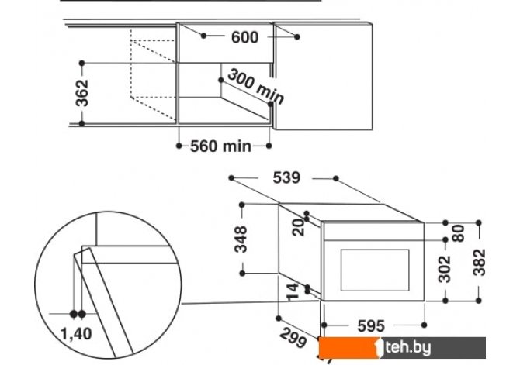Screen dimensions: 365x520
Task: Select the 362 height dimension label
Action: [83, 92]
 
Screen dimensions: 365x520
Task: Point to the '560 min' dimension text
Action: [221, 146]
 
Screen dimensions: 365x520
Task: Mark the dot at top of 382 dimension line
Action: [480, 223]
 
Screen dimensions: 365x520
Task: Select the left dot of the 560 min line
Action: [179, 145]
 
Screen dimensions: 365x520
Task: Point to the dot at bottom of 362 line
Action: [83, 122]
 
